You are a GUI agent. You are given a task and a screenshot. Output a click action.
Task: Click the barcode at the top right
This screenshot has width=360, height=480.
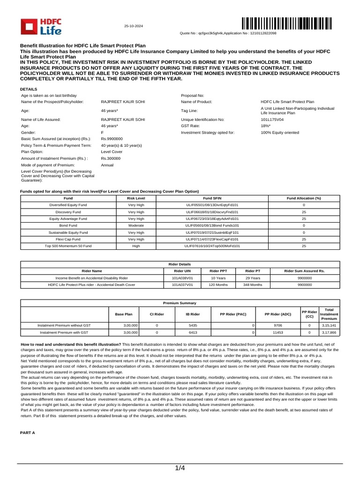(x=287, y=23)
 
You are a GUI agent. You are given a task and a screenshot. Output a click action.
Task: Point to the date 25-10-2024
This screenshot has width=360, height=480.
(x=133, y=25)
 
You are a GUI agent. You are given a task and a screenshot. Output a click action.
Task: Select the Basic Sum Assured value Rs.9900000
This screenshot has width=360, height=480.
(x=112, y=139)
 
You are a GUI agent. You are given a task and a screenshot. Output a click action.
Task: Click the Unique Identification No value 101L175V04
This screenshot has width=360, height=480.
(x=271, y=120)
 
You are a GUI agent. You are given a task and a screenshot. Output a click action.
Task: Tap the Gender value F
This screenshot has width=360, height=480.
(x=102, y=133)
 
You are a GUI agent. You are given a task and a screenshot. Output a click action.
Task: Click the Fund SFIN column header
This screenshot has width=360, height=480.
(x=212, y=199)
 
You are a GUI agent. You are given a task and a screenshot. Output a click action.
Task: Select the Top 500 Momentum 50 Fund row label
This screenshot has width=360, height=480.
(x=68, y=246)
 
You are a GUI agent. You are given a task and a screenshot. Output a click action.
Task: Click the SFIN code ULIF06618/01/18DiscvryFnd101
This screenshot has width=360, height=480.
(x=212, y=212)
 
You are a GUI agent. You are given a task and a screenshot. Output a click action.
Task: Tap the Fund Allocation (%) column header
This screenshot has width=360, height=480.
(x=303, y=199)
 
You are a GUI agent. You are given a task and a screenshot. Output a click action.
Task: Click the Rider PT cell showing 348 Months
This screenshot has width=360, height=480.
(x=252, y=284)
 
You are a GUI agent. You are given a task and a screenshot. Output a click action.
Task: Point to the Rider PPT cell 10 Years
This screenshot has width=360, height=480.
(x=218, y=277)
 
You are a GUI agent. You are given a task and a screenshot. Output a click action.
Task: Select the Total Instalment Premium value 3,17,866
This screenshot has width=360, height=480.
(x=329, y=331)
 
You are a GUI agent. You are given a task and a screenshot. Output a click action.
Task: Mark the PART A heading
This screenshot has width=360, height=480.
(x=27, y=433)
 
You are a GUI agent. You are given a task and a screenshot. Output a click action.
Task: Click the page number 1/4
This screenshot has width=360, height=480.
(x=180, y=468)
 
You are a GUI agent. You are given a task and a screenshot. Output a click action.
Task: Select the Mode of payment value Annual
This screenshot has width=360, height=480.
(x=107, y=165)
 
